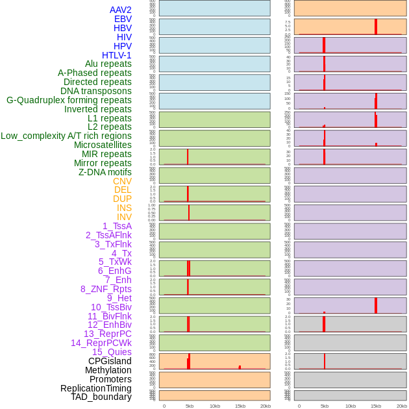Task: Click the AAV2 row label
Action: [121, 10]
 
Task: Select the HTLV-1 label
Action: [117, 55]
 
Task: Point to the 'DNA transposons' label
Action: [96, 91]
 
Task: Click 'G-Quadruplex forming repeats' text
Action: [69, 100]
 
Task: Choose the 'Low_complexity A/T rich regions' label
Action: [66, 136]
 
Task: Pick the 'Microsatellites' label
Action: [103, 145]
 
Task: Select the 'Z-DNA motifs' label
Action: [105, 172]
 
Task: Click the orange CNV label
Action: [122, 181]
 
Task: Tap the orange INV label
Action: [124, 217]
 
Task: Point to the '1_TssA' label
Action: [117, 226]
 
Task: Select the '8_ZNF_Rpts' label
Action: [106, 289]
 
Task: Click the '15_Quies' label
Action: [112, 352]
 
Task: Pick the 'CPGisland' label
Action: [110, 361]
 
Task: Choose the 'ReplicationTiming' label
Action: [96, 388]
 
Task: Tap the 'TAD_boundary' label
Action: [101, 397]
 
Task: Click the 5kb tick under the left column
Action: [190, 406]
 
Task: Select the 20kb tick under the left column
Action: [266, 406]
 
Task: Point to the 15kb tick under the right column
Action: [376, 406]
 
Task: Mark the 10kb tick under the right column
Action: [350, 406]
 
